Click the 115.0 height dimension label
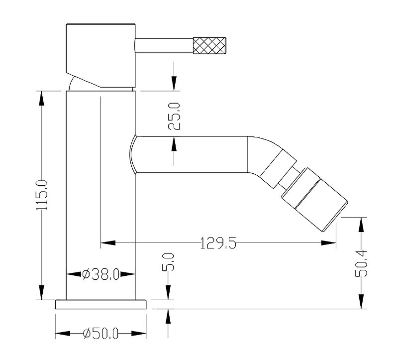coord(42,195)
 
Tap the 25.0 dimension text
coord(174,117)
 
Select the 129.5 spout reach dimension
coord(218,243)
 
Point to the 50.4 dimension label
coord(361,263)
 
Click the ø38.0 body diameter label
coord(101,274)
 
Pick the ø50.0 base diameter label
coord(101,333)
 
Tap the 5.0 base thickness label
coord(168,262)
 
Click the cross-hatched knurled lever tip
coord(209,45)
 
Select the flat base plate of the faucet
coord(101,305)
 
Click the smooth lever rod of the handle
coord(164,45)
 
